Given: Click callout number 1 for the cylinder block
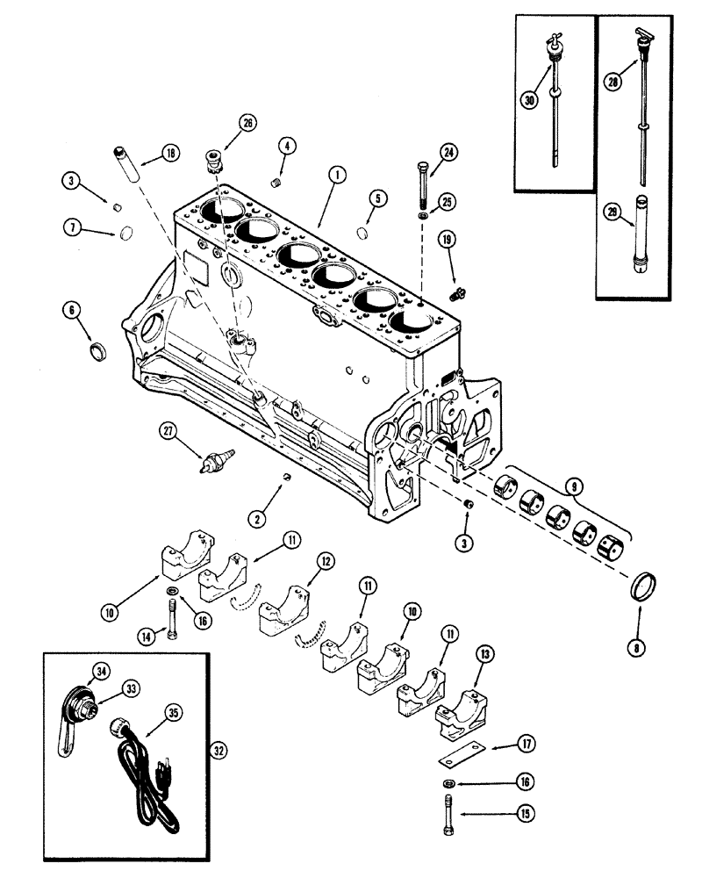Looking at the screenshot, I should coord(334,175).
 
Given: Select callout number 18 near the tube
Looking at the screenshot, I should coord(169,155).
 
